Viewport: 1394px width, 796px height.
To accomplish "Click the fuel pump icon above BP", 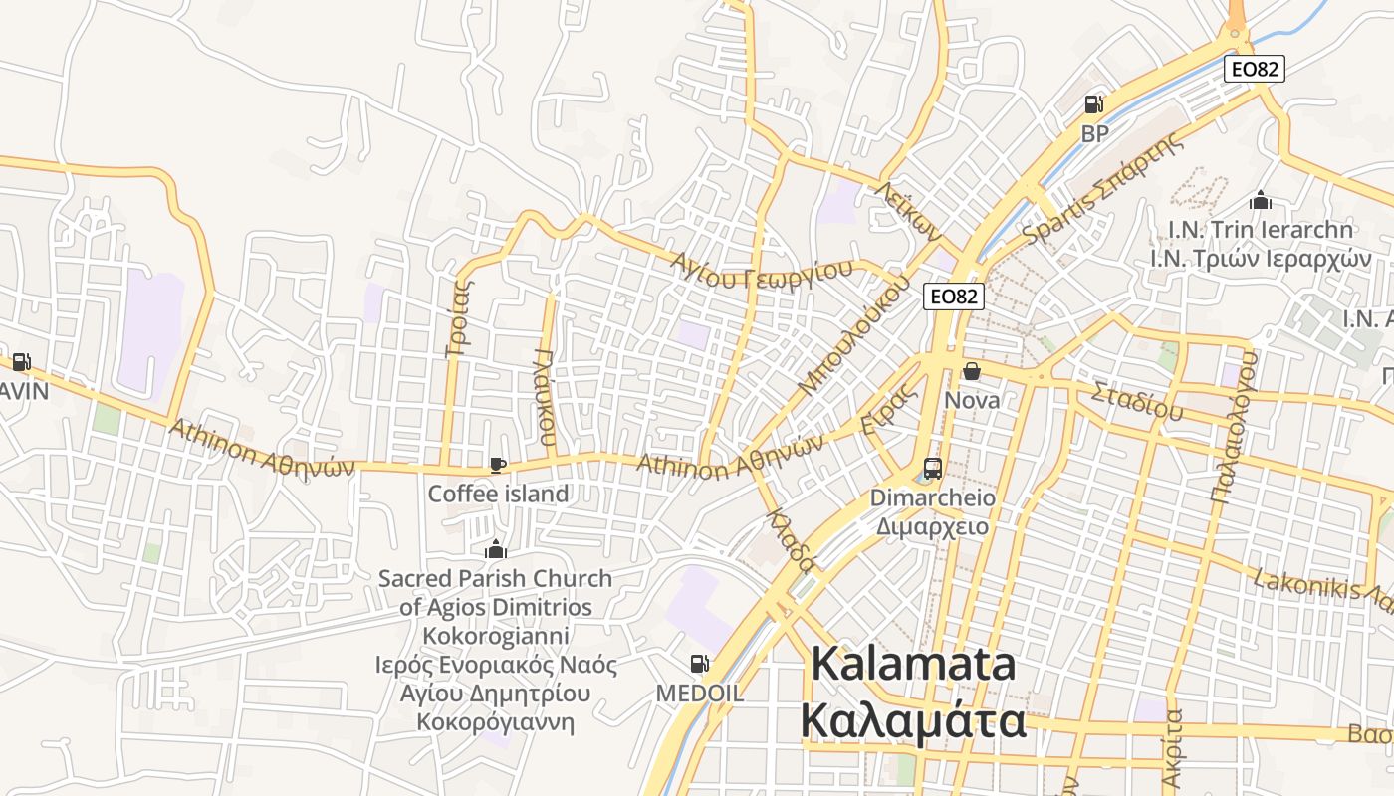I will click(x=1093, y=104).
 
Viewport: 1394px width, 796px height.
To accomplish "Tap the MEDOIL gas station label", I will click(x=699, y=693).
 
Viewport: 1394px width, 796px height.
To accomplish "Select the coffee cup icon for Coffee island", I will click(x=498, y=465).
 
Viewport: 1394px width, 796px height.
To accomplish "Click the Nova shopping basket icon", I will click(x=972, y=372).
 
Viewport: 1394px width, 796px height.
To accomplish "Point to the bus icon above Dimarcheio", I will click(x=933, y=468).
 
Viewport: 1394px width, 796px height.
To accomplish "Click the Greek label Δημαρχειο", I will click(x=932, y=526).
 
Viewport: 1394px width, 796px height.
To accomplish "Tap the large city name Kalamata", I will click(x=913, y=665).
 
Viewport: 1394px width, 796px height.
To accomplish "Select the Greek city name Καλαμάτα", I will click(x=913, y=721).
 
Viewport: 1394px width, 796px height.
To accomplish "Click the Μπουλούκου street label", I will click(x=855, y=333).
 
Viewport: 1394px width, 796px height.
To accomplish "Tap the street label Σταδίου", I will click(x=1136, y=399).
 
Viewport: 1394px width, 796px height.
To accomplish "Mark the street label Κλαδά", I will click(x=792, y=542).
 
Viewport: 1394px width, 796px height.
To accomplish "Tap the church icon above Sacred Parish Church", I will click(x=495, y=549).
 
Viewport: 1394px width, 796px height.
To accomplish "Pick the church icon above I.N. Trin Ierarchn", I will click(x=1261, y=201).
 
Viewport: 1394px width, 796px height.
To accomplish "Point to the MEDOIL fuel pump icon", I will click(x=699, y=663).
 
